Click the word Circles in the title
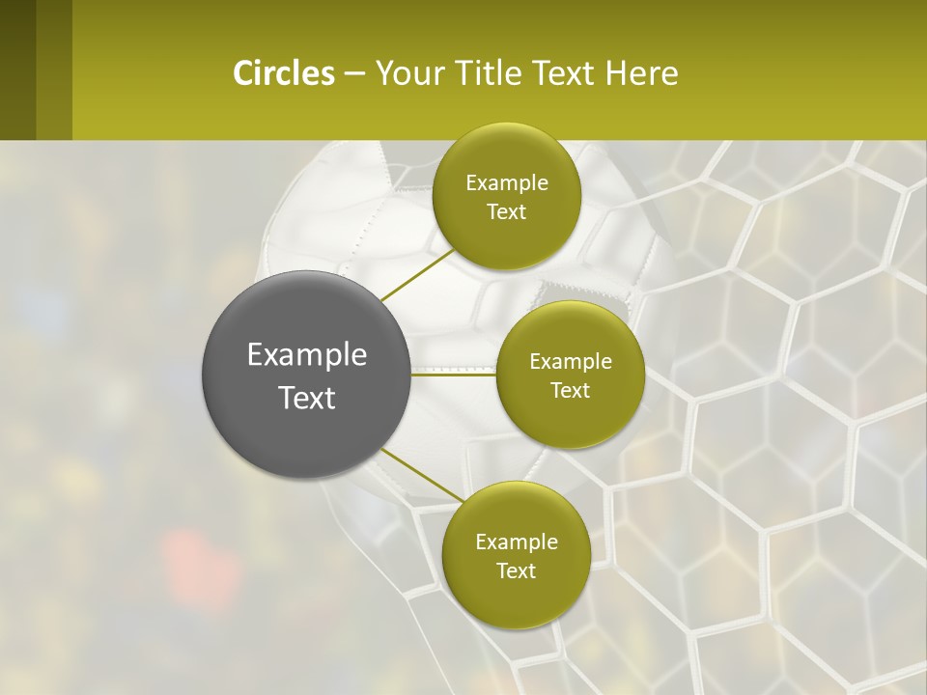click(x=284, y=73)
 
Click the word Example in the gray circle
click(x=307, y=355)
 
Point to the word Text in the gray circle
click(x=307, y=398)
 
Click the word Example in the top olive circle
click(x=507, y=183)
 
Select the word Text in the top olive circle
click(x=506, y=212)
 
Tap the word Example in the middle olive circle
click(x=571, y=362)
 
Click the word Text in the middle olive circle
click(x=570, y=391)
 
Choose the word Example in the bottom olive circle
click(x=517, y=542)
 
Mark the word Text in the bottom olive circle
click(x=516, y=571)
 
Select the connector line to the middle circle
click(x=454, y=375)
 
